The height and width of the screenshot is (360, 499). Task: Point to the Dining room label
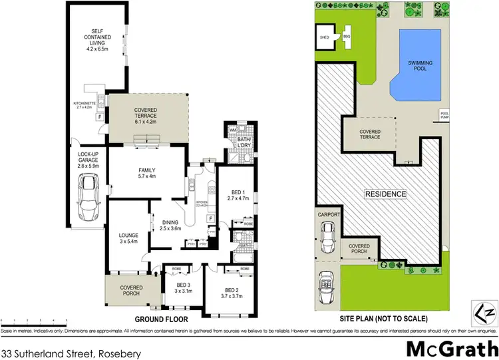(170, 225)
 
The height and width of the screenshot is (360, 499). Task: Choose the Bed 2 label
(230, 293)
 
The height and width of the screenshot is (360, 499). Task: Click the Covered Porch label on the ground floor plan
(131, 291)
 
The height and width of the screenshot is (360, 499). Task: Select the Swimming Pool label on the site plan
(420, 65)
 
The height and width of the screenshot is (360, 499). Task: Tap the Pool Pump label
(444, 116)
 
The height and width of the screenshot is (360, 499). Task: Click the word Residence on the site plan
(385, 194)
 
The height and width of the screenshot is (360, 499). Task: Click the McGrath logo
(450, 349)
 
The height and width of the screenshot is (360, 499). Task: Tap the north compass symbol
(485, 310)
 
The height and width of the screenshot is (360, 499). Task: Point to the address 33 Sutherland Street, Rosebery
(72, 351)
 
